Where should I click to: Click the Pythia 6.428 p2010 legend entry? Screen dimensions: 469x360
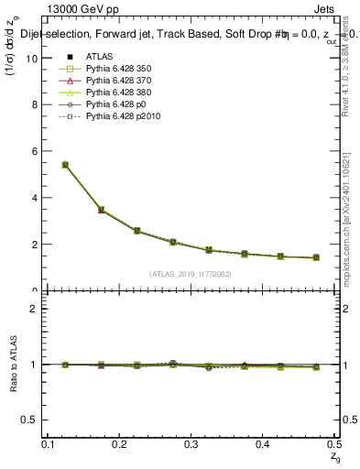(110, 117)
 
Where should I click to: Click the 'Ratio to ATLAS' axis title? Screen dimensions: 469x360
(14, 364)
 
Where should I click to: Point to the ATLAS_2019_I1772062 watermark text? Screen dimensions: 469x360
(191, 274)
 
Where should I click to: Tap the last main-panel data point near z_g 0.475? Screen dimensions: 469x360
(316, 257)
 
